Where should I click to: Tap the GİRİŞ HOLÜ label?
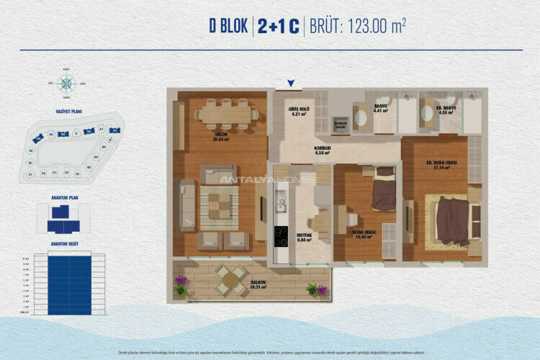pyautogui.click(x=300, y=110)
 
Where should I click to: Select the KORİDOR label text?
pyautogui.click(x=322, y=150)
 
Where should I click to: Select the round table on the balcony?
pyautogui.click(x=230, y=280)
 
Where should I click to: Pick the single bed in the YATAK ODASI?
pyautogui.click(x=384, y=191)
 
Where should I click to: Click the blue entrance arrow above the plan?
pyautogui.click(x=290, y=84)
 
